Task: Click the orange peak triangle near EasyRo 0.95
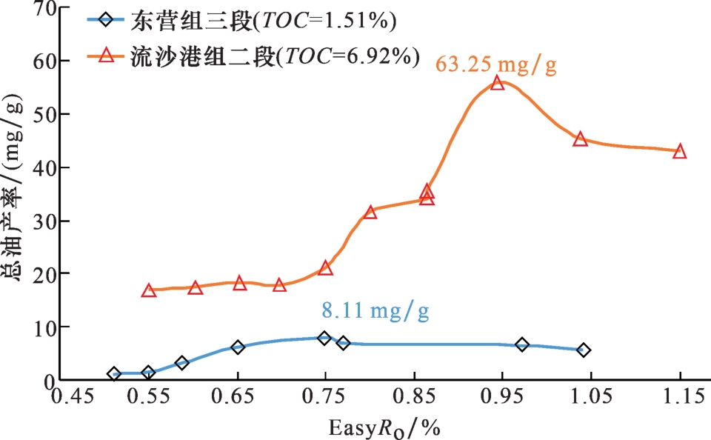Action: [x=498, y=83]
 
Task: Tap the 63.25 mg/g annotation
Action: [x=495, y=65]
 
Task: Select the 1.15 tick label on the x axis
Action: [x=679, y=399]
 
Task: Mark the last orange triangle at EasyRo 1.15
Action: [x=679, y=152]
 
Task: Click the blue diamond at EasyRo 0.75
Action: [x=324, y=338]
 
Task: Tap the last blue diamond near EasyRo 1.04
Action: [x=584, y=350]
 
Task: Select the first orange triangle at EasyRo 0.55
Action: [x=149, y=291]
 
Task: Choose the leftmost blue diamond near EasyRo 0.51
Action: [x=113, y=374]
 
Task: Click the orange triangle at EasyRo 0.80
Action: [x=370, y=213]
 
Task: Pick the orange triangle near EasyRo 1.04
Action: [x=580, y=139]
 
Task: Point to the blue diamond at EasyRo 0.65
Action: [x=238, y=347]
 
